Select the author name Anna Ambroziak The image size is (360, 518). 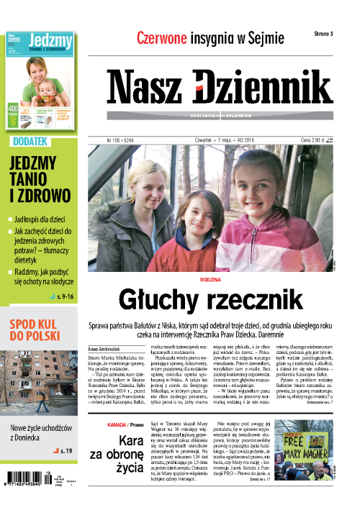[x=105, y=348]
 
